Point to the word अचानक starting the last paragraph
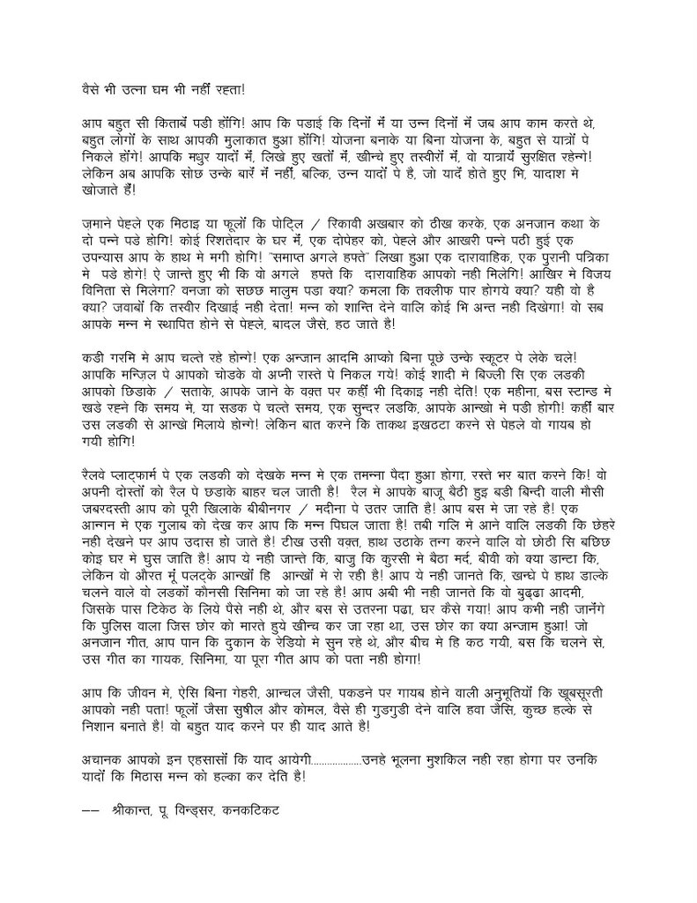(x=94, y=756)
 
